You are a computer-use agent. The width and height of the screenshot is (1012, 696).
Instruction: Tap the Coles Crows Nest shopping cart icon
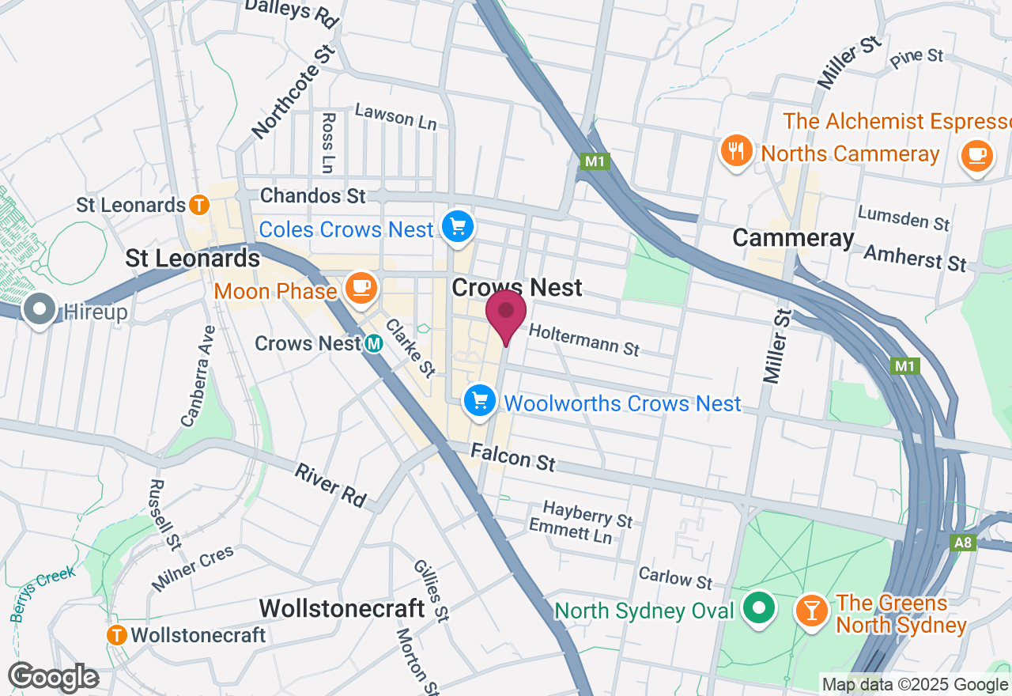point(457,227)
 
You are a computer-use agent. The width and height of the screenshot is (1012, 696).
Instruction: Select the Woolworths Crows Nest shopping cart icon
point(479,402)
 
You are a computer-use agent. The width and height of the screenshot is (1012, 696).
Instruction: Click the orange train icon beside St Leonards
point(198,206)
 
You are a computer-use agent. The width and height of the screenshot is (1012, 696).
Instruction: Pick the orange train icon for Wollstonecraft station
point(118,634)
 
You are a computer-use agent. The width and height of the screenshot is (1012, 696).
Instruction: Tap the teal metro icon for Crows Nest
point(374,344)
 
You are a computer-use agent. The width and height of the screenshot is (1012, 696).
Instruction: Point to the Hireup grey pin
point(40,309)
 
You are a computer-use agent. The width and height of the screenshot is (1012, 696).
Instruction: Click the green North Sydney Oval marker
point(761,610)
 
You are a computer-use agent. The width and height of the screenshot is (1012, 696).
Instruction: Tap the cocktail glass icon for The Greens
point(810,610)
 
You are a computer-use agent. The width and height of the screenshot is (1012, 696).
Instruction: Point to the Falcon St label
point(513,457)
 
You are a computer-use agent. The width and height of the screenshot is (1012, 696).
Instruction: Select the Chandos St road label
point(313,195)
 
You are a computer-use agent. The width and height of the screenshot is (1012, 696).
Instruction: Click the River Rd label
point(330,485)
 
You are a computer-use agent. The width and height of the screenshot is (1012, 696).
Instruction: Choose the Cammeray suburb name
point(793,237)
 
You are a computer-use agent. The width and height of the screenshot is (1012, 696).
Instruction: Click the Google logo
point(54,677)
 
